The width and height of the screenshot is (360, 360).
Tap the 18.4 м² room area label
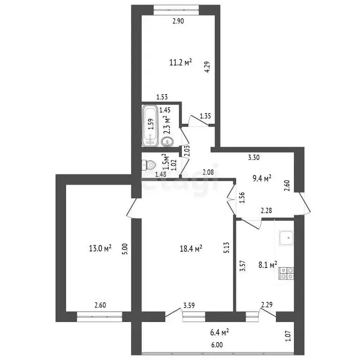click(x=191, y=247)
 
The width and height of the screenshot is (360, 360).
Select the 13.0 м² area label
click(x=100, y=248)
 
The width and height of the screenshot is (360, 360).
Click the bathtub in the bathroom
click(x=150, y=124)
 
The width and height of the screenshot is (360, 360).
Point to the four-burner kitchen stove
click(x=285, y=273)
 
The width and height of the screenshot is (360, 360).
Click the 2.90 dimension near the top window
click(x=178, y=21)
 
